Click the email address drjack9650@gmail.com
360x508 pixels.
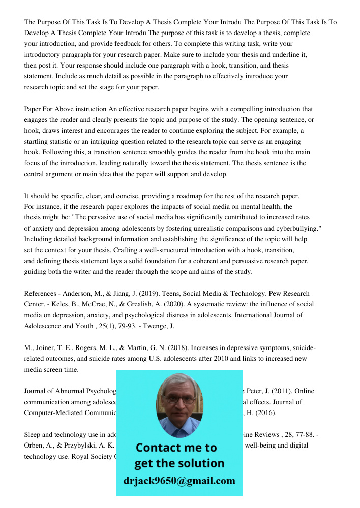click(179, 481)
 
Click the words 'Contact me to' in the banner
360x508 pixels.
click(176, 448)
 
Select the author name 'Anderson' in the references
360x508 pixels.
click(77, 294)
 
